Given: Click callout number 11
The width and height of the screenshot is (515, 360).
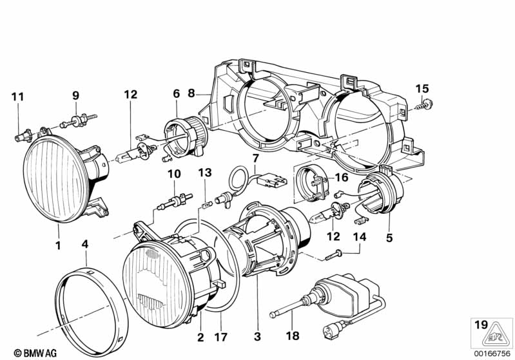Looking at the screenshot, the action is pyautogui.click(x=18, y=97).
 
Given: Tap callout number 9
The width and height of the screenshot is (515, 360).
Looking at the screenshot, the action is pyautogui.click(x=75, y=95).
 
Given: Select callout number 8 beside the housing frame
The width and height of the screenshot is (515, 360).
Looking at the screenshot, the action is pyautogui.click(x=191, y=93).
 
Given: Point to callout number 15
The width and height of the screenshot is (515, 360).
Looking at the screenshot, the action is pyautogui.click(x=422, y=89).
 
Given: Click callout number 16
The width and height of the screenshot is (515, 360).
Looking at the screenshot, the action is pyautogui.click(x=342, y=177).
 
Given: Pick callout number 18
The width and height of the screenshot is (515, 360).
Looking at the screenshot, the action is pyautogui.click(x=293, y=336).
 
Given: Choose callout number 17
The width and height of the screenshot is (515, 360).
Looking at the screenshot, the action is pyautogui.click(x=220, y=337).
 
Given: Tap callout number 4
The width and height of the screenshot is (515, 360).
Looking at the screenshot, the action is pyautogui.click(x=85, y=244).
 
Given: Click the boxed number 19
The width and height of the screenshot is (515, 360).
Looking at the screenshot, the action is pyautogui.click(x=481, y=325).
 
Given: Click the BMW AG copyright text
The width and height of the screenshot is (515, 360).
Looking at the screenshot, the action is pyautogui.click(x=35, y=353).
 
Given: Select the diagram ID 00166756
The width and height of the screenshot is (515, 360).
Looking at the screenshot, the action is pyautogui.click(x=492, y=354).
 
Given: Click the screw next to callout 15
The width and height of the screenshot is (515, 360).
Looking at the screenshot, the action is pyautogui.click(x=424, y=105).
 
